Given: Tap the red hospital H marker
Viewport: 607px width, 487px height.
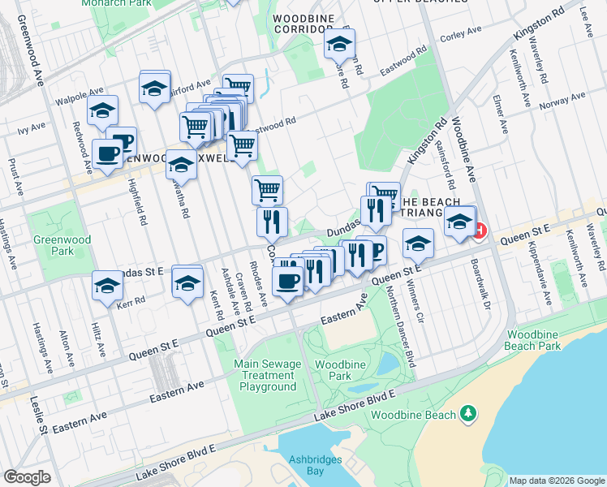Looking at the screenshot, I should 479,231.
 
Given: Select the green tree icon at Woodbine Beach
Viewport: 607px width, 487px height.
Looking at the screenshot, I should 467,415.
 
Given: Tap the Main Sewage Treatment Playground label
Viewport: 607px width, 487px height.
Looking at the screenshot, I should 267,375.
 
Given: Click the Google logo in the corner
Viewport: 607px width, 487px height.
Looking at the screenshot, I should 27,477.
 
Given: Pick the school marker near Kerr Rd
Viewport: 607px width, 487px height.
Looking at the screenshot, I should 107,285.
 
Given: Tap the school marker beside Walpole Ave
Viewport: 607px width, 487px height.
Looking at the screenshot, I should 102,110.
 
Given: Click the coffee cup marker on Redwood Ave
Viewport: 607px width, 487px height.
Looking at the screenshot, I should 106,153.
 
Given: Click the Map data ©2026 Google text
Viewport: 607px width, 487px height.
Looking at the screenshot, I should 556,481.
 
